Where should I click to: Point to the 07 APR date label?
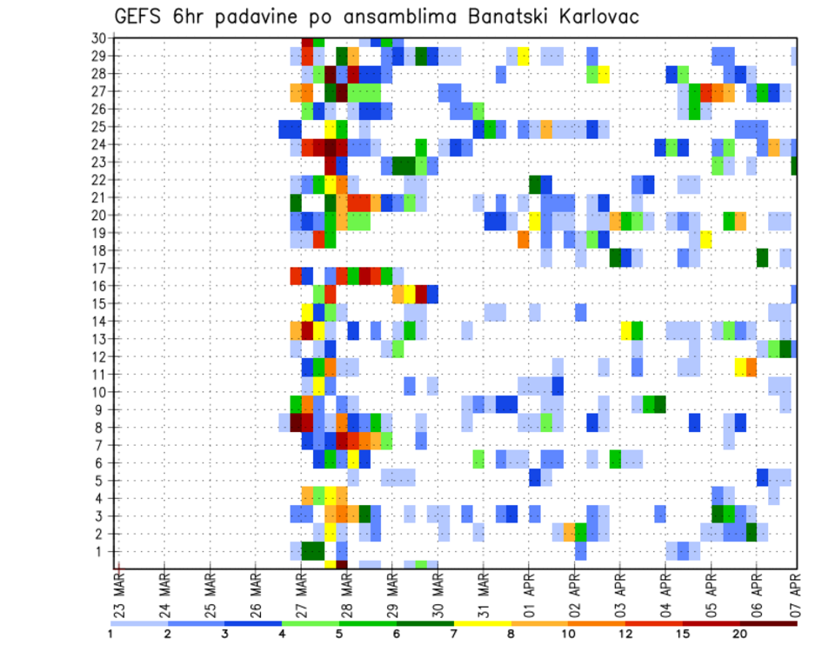tap(797, 597)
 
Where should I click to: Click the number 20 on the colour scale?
tap(740, 634)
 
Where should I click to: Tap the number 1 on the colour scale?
tap(110, 634)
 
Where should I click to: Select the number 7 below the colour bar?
tap(455, 634)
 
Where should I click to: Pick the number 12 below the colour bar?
tap(625, 634)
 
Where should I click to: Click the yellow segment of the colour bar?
tap(484, 623)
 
